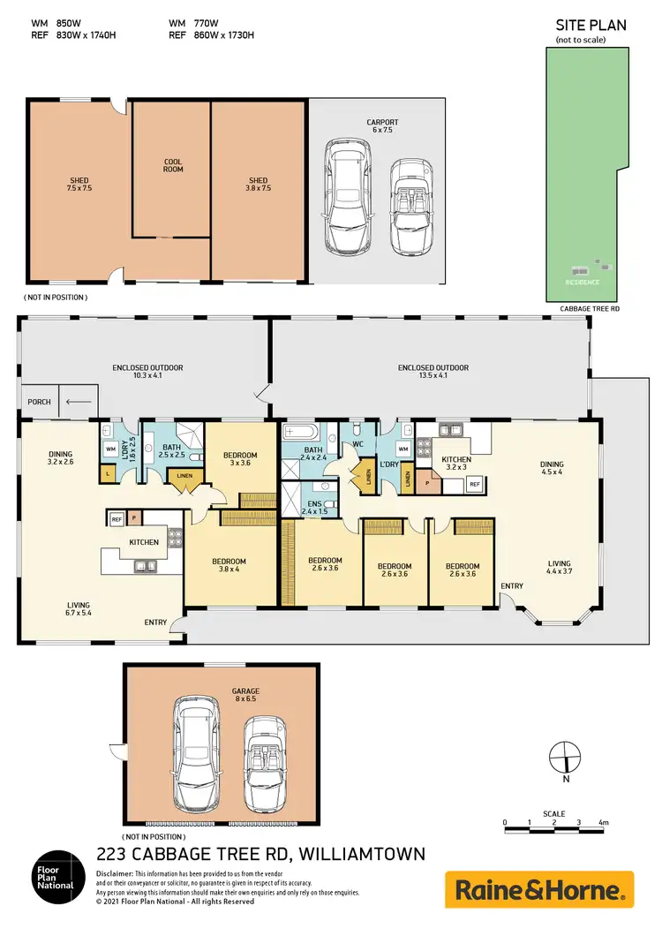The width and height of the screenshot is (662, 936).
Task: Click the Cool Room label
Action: click(173, 165)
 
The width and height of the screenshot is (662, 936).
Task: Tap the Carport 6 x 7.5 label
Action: click(383, 125)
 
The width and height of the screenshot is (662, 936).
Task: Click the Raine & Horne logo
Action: click(538, 888)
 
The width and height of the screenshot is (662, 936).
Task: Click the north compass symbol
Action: click(564, 758)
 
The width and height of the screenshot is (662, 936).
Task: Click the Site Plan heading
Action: click(591, 26)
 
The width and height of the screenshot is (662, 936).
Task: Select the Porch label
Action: click(40, 402)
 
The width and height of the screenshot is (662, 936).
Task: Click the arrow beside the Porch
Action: click(79, 402)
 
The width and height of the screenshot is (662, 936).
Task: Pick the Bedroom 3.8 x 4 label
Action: click(229, 565)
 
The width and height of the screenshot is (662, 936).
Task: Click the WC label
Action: click(358, 444)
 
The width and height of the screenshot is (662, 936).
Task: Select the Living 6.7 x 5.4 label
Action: click(79, 609)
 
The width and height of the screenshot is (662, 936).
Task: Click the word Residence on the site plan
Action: click(583, 282)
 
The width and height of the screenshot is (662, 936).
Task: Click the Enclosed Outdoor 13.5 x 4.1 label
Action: click(433, 372)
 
